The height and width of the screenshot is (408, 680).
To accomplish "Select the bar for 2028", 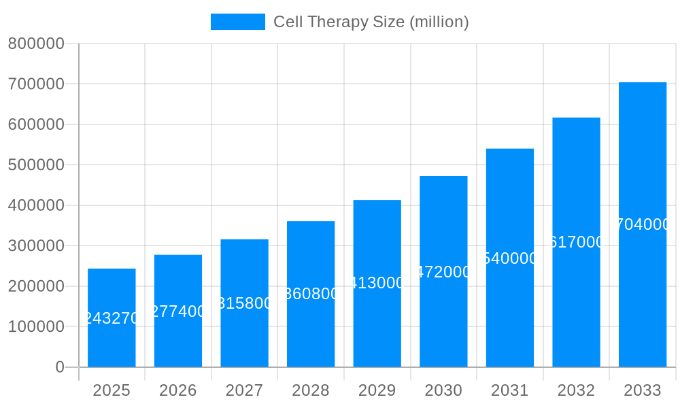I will coord(311,326).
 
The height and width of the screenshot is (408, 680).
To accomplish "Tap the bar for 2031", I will coord(509,306).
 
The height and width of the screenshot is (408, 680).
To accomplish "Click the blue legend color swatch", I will coord(237,22).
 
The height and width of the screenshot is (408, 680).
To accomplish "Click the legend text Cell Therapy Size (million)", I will coord(371,22).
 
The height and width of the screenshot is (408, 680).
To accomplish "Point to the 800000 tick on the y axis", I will coord(36,44).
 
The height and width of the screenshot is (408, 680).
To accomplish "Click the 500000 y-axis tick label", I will coord(36,165).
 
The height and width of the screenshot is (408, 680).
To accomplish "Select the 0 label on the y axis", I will coord(60,367).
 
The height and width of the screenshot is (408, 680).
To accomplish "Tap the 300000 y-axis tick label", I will coord(36,245).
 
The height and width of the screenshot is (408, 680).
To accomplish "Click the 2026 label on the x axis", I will coord(177,390).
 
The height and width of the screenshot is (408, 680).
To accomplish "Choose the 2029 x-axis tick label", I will coord(377,390).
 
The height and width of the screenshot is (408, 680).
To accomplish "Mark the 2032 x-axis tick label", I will coord(576,390).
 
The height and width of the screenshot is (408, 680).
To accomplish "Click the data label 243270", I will coord(112,318).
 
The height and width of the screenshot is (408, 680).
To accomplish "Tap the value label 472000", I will coord(443,272).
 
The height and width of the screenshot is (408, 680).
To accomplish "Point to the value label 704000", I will coord(642,224).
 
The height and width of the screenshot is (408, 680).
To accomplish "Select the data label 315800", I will coord(244,303).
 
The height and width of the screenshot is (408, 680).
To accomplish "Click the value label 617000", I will coord(576,242).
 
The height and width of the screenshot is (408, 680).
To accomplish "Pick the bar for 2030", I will coord(443,320).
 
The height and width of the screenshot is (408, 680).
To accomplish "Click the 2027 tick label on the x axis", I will coord(244,390).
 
